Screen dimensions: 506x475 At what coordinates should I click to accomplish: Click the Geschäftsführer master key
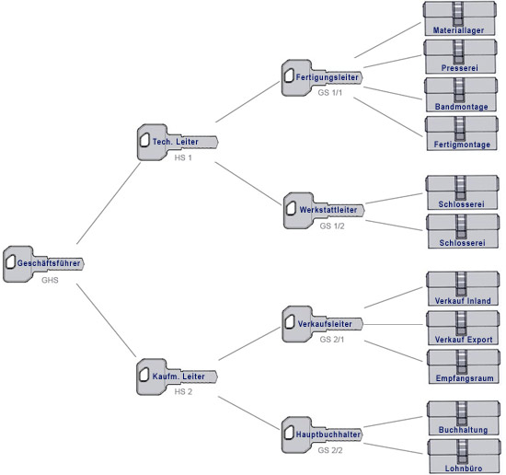pyautogui.click(x=43, y=264)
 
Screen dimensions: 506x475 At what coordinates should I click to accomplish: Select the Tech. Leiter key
pyautogui.click(x=178, y=142)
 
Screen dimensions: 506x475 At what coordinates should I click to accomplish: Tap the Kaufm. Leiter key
pyautogui.click(x=177, y=377)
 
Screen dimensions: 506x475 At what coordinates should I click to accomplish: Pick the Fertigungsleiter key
pyautogui.click(x=322, y=77)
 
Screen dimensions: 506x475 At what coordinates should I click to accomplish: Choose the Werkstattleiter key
pyautogui.click(x=324, y=211)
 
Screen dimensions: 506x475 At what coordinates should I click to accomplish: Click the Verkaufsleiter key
pyautogui.click(x=322, y=324)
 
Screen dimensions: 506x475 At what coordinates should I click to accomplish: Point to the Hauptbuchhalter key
pyautogui.click(x=322, y=434)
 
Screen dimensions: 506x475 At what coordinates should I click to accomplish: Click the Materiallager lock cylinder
pyautogui.click(x=459, y=18)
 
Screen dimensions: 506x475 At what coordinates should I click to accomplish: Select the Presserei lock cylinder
pyautogui.click(x=460, y=56)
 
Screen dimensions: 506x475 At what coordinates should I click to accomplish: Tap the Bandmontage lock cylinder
pyautogui.click(x=461, y=95)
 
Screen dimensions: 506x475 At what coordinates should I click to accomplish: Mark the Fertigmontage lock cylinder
pyautogui.click(x=461, y=133)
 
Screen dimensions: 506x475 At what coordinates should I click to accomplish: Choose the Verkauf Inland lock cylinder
pyautogui.click(x=463, y=289)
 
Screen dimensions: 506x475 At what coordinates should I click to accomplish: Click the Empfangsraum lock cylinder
pyautogui.click(x=463, y=366)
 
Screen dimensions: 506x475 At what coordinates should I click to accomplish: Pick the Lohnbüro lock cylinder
pyautogui.click(x=464, y=457)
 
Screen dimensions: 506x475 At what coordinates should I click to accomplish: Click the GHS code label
pyautogui.click(x=50, y=280)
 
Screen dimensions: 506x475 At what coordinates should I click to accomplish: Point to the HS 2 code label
pyautogui.click(x=183, y=391)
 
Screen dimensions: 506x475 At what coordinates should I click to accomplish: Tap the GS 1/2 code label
pyautogui.click(x=332, y=226)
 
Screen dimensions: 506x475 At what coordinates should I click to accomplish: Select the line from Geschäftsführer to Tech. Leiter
pyautogui.click(x=109, y=203)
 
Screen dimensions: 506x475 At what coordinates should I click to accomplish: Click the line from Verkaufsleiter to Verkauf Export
pyautogui.click(x=394, y=324)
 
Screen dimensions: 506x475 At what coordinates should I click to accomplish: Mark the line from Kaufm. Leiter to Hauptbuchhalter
pyautogui.click(x=248, y=413)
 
